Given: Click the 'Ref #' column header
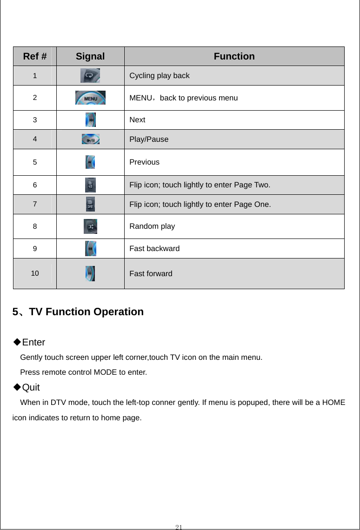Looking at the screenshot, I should (x=34, y=56).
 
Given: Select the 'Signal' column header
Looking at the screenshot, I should (x=90, y=56).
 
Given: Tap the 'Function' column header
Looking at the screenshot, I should (x=234, y=56).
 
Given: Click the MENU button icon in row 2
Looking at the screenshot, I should (x=90, y=98).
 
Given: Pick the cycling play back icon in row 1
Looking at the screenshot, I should (x=90, y=75).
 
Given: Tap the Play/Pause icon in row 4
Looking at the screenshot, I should (x=90, y=139).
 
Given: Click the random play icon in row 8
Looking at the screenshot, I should (x=90, y=226).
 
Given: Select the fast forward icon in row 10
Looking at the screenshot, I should (x=90, y=273).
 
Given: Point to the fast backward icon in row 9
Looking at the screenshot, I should (x=91, y=248).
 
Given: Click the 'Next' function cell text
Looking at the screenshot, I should (x=137, y=120).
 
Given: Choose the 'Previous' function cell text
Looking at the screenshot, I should (x=144, y=162).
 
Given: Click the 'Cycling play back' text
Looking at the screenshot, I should (x=159, y=75).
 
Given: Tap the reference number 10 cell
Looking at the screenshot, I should (x=35, y=273).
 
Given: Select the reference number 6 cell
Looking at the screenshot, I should (x=35, y=185).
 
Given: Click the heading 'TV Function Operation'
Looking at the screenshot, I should (x=86, y=312).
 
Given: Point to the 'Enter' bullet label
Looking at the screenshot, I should (x=33, y=343).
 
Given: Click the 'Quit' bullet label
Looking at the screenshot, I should (x=31, y=387).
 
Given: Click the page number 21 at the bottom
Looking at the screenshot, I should (x=179, y=526).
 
